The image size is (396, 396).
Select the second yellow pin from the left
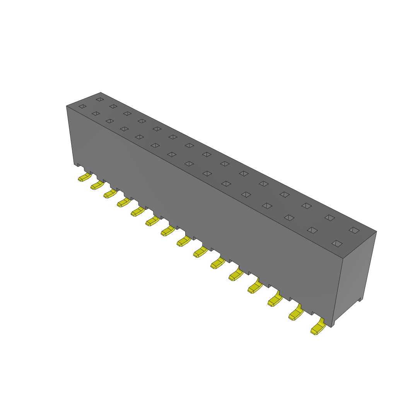[x=96, y=186]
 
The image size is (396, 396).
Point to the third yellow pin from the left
[x=109, y=194]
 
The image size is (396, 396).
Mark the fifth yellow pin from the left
[x=138, y=212]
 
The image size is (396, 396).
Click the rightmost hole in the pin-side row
[x=337, y=243]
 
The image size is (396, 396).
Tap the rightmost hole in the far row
[x=354, y=230]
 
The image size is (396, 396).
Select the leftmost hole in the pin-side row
[x=82, y=106]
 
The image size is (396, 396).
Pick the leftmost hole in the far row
[x=100, y=99]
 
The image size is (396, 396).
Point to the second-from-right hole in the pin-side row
[x=312, y=230]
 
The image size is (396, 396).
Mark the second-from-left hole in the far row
[x=113, y=106]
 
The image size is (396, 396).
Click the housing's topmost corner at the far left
[x=101, y=92]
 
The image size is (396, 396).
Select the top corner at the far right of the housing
[x=376, y=232]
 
